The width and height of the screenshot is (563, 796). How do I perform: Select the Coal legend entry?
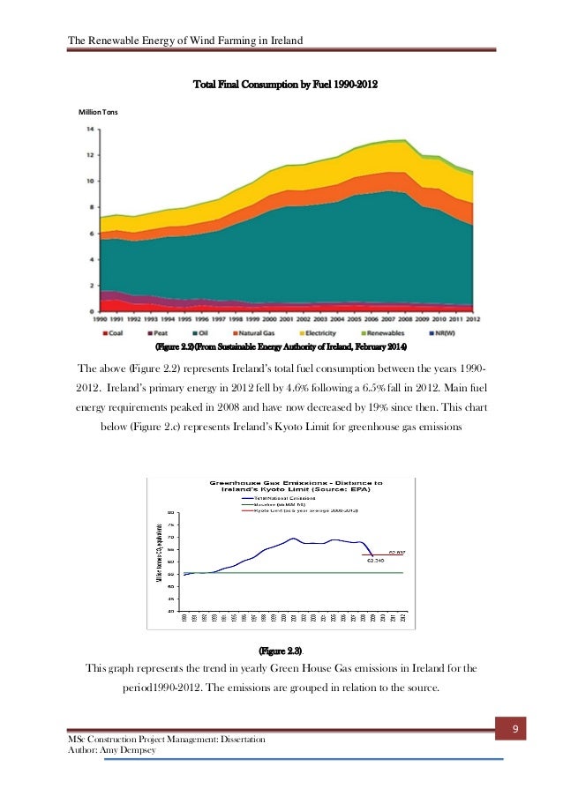pyautogui.click(x=122, y=333)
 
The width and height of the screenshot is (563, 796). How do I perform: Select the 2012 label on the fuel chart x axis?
pyautogui.click(x=473, y=319)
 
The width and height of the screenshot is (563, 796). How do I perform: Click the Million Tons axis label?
pyautogui.click(x=98, y=112)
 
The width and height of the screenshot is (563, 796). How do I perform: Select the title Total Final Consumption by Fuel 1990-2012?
pyautogui.click(x=285, y=86)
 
